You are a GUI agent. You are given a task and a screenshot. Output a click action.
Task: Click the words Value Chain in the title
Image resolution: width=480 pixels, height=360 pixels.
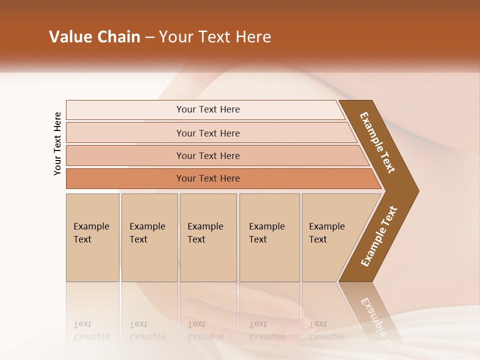coord(94,37)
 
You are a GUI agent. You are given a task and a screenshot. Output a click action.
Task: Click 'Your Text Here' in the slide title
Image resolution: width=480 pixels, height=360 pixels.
coord(215,37)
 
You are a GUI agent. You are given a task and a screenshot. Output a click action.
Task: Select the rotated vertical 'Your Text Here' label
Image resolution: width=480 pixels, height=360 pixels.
coord(57,143)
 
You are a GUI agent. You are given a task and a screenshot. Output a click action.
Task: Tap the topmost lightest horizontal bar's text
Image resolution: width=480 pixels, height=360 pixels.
coord(208,109)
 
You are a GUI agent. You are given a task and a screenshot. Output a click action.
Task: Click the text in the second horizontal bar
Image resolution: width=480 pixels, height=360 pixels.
coord(208,133)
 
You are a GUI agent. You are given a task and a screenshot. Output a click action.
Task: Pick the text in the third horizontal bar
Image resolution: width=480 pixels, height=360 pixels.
coord(208,156)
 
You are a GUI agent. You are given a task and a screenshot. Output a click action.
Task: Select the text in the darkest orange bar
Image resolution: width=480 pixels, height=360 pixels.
coord(208,178)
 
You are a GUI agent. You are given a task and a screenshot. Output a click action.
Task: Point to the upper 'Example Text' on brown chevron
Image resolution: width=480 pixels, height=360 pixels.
coord(377,142)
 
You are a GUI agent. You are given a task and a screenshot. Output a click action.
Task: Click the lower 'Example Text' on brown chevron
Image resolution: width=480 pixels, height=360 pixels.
coord(379,236)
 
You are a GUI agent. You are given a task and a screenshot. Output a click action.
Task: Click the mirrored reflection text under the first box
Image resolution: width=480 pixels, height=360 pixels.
coord(91,330)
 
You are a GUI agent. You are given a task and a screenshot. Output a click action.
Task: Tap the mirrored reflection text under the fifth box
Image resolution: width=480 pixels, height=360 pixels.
coord(326,330)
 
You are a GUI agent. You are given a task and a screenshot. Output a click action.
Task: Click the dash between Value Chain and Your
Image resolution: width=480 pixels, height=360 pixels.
coord(149,37)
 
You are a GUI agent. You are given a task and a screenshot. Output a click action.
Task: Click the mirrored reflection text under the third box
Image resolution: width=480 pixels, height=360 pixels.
coord(205,330)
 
